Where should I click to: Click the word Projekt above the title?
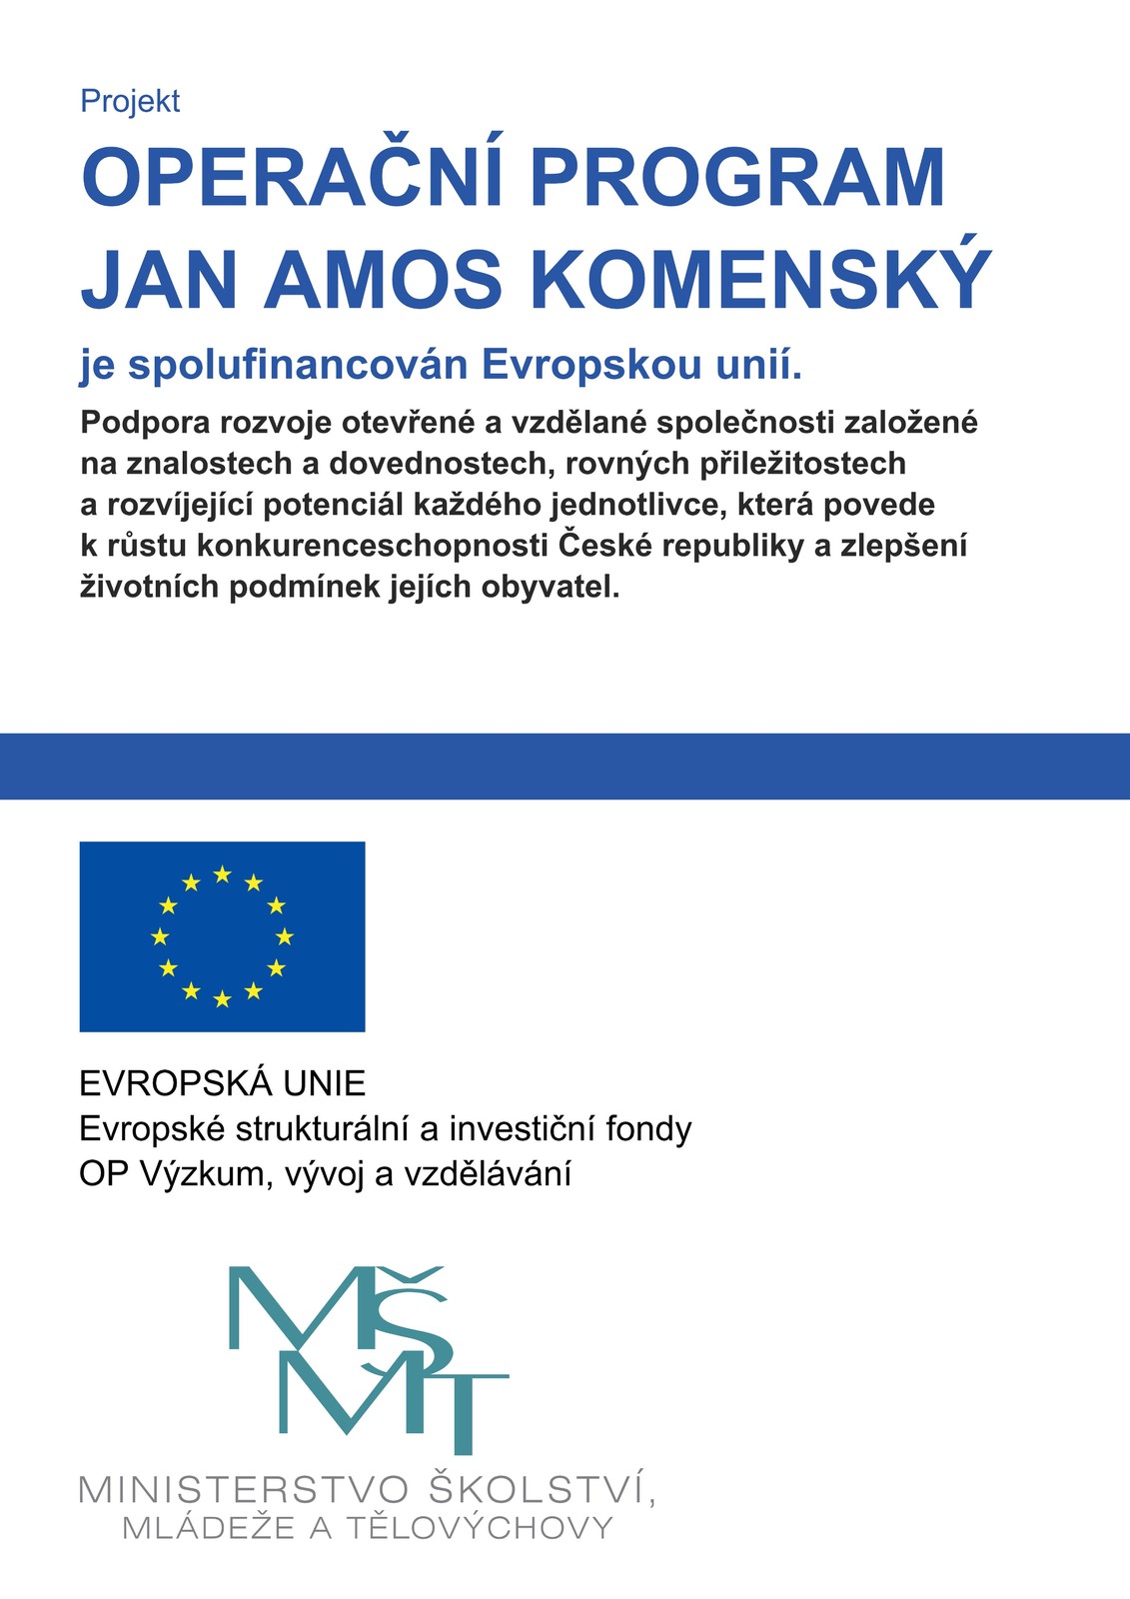pos(130,101)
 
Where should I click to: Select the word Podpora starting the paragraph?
pos(146,423)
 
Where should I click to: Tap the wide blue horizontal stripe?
pos(565,767)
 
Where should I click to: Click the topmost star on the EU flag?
pos(223,874)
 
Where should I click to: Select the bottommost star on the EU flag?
pos(223,998)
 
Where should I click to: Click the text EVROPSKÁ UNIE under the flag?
pos(223,1083)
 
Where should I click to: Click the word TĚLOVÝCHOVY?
pos(480,1528)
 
